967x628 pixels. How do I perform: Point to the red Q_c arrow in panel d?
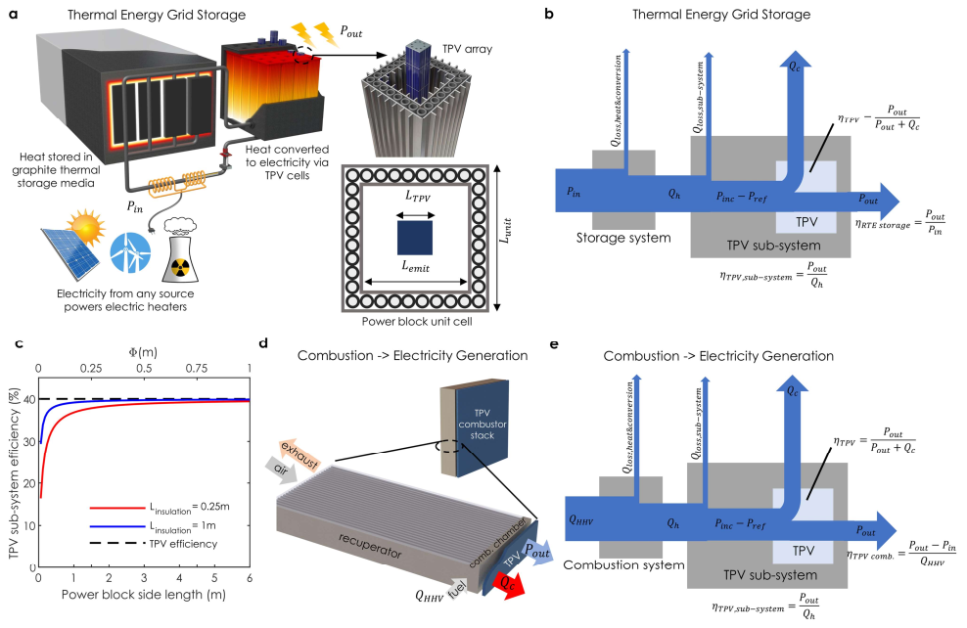[x=513, y=584]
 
